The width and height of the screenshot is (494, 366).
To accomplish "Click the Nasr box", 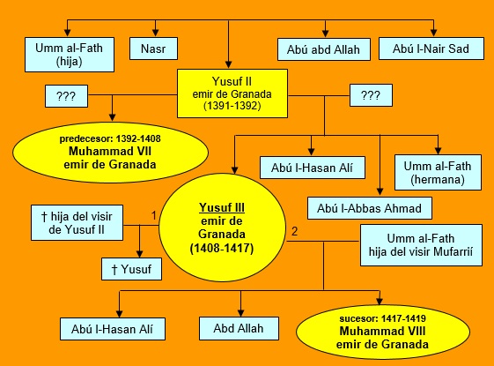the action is click(x=153, y=49).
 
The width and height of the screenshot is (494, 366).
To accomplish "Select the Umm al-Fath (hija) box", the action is click(x=70, y=55).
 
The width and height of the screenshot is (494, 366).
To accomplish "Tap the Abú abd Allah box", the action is click(x=323, y=49).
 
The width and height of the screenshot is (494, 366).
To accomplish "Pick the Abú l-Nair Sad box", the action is click(x=431, y=49).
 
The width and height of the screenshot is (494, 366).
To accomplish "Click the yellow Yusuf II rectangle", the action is click(x=232, y=93).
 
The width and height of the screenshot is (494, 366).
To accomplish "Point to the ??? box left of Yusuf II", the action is click(x=66, y=96).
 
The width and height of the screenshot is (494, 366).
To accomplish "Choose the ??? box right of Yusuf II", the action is click(x=371, y=95).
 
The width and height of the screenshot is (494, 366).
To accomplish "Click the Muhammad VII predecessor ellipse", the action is click(x=110, y=153).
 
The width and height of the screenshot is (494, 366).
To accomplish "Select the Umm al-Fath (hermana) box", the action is click(x=438, y=172).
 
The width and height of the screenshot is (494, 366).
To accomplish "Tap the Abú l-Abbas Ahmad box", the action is click(x=369, y=208).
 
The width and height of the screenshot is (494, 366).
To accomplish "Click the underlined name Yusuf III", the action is click(x=222, y=207).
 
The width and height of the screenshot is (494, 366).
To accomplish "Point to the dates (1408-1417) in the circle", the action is click(x=222, y=249).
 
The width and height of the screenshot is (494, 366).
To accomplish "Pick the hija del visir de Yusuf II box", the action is click(x=77, y=223).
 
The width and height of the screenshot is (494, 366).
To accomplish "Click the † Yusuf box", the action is click(x=131, y=269).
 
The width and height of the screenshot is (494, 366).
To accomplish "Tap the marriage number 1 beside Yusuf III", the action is click(x=154, y=215).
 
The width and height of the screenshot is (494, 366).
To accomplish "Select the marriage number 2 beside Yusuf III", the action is click(x=295, y=232).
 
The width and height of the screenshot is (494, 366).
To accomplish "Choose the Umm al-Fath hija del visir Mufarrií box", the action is click(x=421, y=245).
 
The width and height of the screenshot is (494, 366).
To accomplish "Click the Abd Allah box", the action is click(x=239, y=328).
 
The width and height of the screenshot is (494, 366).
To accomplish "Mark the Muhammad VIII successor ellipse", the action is click(x=383, y=332).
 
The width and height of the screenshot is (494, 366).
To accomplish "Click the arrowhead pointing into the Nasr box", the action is click(x=155, y=33).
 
